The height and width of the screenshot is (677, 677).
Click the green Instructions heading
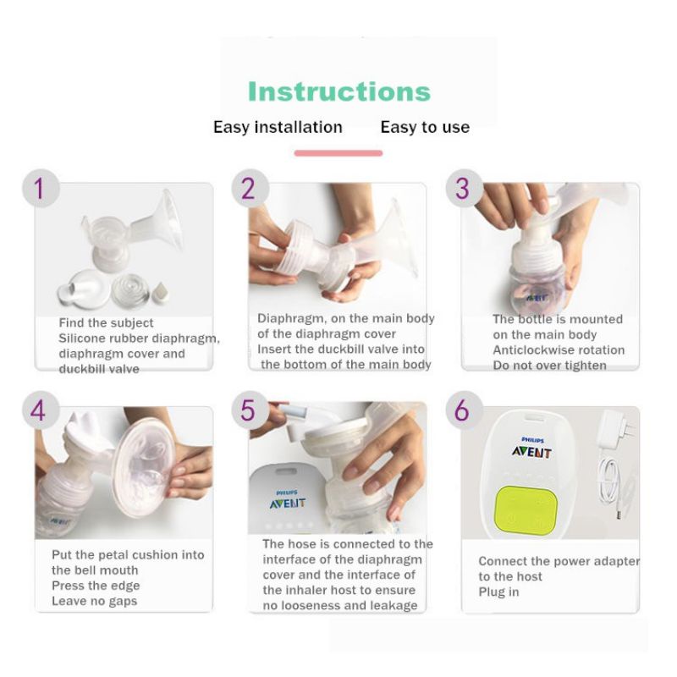[339, 91]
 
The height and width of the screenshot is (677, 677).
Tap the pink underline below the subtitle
[338, 153]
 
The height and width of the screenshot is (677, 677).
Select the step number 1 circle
[41, 188]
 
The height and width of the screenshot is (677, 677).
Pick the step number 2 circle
[250, 188]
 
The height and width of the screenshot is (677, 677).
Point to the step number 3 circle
[464, 188]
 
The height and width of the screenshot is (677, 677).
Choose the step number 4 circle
[41, 410]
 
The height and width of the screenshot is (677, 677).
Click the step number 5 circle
[250, 410]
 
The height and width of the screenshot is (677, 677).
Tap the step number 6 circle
[464, 410]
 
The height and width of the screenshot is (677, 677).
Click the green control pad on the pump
[526, 509]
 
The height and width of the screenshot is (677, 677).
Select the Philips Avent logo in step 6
[531, 448]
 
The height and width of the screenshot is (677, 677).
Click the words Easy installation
[278, 128]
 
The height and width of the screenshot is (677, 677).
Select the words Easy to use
[425, 128]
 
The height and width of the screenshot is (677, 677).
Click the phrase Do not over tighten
[549, 366]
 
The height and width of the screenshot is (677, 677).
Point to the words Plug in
[498, 592]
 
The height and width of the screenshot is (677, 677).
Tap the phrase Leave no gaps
[95, 601]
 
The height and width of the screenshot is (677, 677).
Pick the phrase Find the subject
[107, 323]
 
